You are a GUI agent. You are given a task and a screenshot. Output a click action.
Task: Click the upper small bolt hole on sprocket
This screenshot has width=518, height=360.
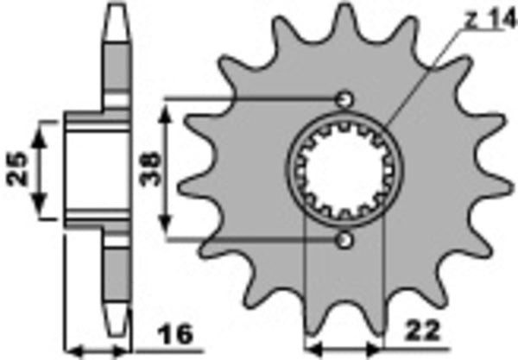coord(345,97)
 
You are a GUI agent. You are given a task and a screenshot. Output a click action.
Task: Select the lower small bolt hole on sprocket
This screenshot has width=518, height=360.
coord(345,238)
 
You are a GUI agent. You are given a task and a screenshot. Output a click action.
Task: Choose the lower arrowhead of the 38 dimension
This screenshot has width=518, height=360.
coord(168,231)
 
